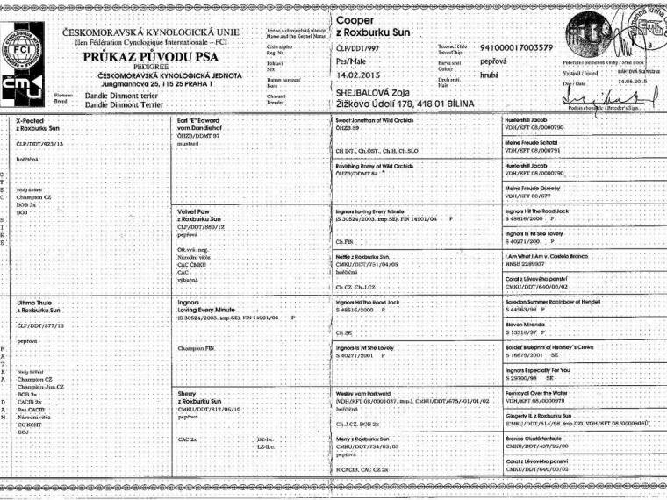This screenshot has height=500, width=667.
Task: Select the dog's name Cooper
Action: [x=355, y=19]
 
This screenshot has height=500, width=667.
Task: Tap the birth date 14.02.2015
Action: [x=359, y=75]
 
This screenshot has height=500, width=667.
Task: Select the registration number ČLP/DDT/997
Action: [x=362, y=48]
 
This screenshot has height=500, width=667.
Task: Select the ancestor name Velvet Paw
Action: [x=194, y=211]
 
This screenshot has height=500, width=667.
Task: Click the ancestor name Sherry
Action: [x=187, y=395]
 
